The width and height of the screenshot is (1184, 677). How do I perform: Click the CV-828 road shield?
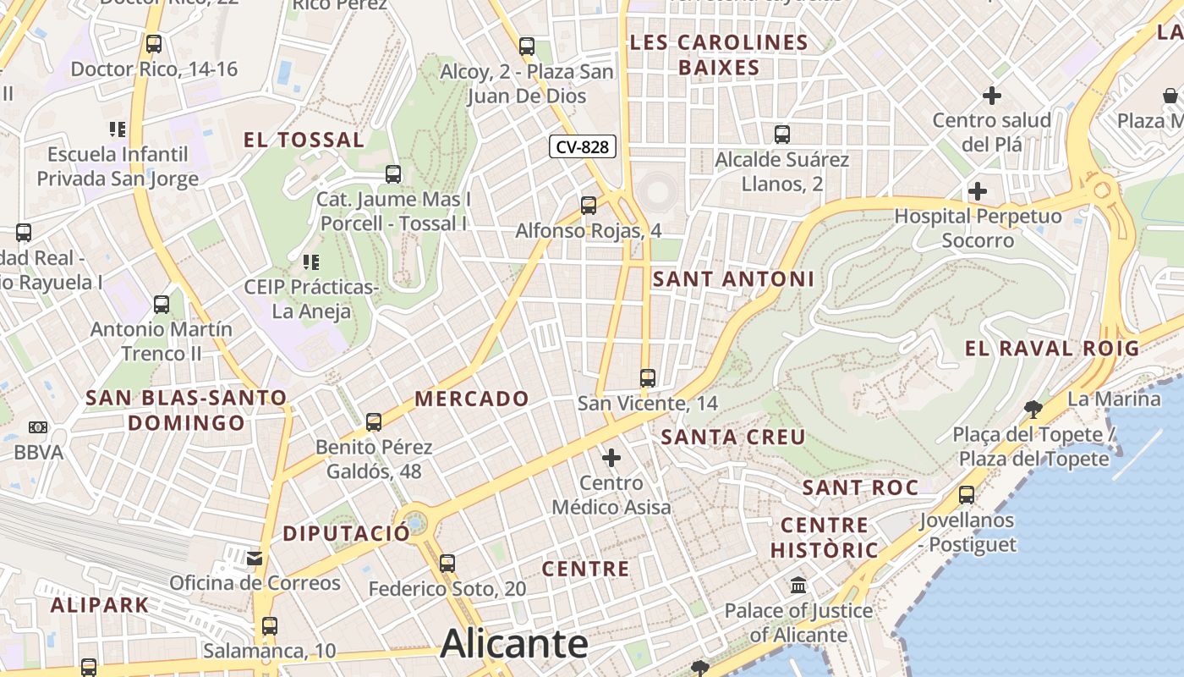(x=583, y=146)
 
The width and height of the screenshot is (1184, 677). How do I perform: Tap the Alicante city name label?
(x=514, y=644)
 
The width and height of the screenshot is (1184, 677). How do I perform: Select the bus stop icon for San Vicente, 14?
(x=648, y=378)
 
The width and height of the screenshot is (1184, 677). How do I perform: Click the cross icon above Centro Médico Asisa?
(x=611, y=458)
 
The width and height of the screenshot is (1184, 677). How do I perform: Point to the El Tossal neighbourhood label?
(x=304, y=140)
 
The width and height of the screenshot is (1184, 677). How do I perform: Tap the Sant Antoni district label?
(x=734, y=278)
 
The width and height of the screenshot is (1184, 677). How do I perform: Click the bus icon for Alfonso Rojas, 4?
(x=589, y=205)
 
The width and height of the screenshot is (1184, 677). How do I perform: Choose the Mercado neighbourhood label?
(x=472, y=399)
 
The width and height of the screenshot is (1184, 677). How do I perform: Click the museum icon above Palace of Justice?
(x=798, y=585)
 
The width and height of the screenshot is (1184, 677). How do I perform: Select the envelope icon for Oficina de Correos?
(x=255, y=558)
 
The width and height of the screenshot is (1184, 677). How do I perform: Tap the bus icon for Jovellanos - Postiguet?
(x=967, y=495)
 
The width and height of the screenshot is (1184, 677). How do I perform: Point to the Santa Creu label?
(x=733, y=438)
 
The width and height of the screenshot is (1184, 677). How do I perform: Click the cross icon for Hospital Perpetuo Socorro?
(x=978, y=191)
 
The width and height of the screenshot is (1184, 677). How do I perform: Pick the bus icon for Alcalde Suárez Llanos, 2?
(x=782, y=134)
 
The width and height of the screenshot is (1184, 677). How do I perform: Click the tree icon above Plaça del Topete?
(x=1033, y=410)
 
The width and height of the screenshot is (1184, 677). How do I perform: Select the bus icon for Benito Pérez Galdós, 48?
(x=374, y=421)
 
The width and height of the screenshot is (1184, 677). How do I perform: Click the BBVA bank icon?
(x=38, y=427)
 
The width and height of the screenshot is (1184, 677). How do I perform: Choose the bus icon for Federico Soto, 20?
(x=447, y=563)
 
